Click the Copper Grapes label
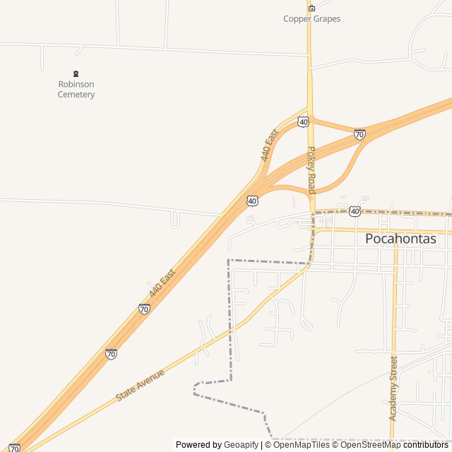311,19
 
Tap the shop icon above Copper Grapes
311,8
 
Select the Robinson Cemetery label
76,89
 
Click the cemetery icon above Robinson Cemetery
76,73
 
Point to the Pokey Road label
311,169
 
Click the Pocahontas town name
400,239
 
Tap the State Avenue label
141,385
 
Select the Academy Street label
393,388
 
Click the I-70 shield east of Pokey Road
359,134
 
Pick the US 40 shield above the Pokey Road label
303,122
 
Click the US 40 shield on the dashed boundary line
355,211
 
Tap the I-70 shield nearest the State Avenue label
111,354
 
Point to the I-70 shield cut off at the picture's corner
14,448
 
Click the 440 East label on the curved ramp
270,145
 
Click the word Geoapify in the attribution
242,445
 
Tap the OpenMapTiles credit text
301,445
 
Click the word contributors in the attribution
427,445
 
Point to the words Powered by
198,445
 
